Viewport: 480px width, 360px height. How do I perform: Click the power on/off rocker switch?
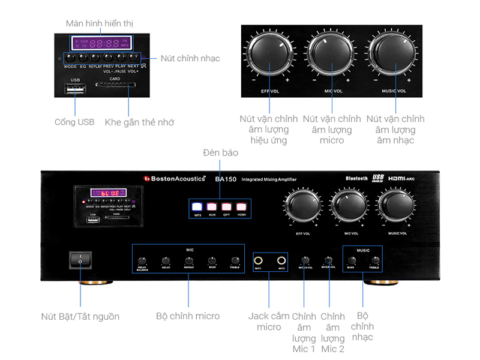80,260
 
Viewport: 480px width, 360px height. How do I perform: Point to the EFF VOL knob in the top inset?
270,56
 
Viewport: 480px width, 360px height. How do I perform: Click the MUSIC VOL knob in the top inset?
394,56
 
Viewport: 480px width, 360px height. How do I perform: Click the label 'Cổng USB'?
74,122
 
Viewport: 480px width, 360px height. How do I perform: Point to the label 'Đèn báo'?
221,153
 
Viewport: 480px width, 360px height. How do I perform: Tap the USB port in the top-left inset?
75,89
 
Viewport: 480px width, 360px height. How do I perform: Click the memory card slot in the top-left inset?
115,85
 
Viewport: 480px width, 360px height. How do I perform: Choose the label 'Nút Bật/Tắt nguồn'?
80,316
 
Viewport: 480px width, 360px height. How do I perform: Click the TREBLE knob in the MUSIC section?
374,260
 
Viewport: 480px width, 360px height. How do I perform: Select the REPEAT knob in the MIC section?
188,261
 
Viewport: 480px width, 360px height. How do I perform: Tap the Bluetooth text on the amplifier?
356,178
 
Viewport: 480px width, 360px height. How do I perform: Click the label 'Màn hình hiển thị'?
99,23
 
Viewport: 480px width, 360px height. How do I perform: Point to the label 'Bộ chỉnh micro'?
188,316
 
